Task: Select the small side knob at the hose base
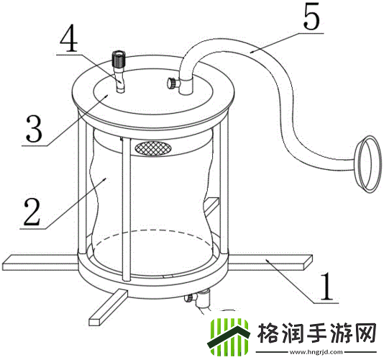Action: pos(172,84)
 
